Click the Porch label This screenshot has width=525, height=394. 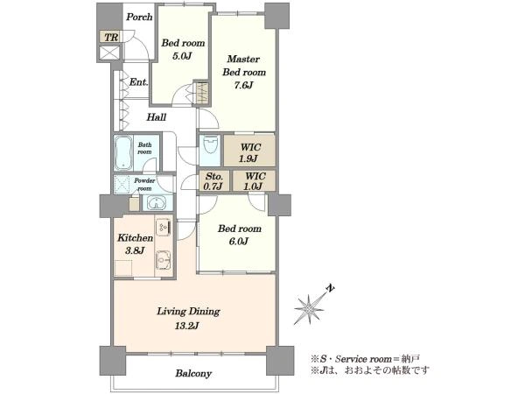pos(139,17)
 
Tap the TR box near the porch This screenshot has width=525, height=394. pos(109,37)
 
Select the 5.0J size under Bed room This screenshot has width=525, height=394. pos(182,56)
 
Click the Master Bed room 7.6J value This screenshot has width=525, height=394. pos(243,86)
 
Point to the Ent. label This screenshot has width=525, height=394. pos(138,81)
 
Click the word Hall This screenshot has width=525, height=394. pos(157,117)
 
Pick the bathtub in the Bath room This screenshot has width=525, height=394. pos(122,152)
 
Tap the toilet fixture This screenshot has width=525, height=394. pos(210,144)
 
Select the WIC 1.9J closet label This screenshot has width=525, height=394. pos(250,152)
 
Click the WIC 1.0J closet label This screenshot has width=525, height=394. pos(255,181)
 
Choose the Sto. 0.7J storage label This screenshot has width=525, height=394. pos(213,181)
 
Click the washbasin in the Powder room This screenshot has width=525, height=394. pos(157,203)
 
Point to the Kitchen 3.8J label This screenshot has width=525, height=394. pos(135,244)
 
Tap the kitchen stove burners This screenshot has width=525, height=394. pos(164,226)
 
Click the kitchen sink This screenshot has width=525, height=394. pos(164,260)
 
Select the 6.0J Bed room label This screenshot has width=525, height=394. pos(239,235)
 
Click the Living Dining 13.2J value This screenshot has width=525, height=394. pos(186,326)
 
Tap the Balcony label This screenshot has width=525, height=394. pos(193,373)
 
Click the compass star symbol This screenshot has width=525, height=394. pos(308,308)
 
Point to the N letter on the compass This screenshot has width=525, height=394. pos(331,289)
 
